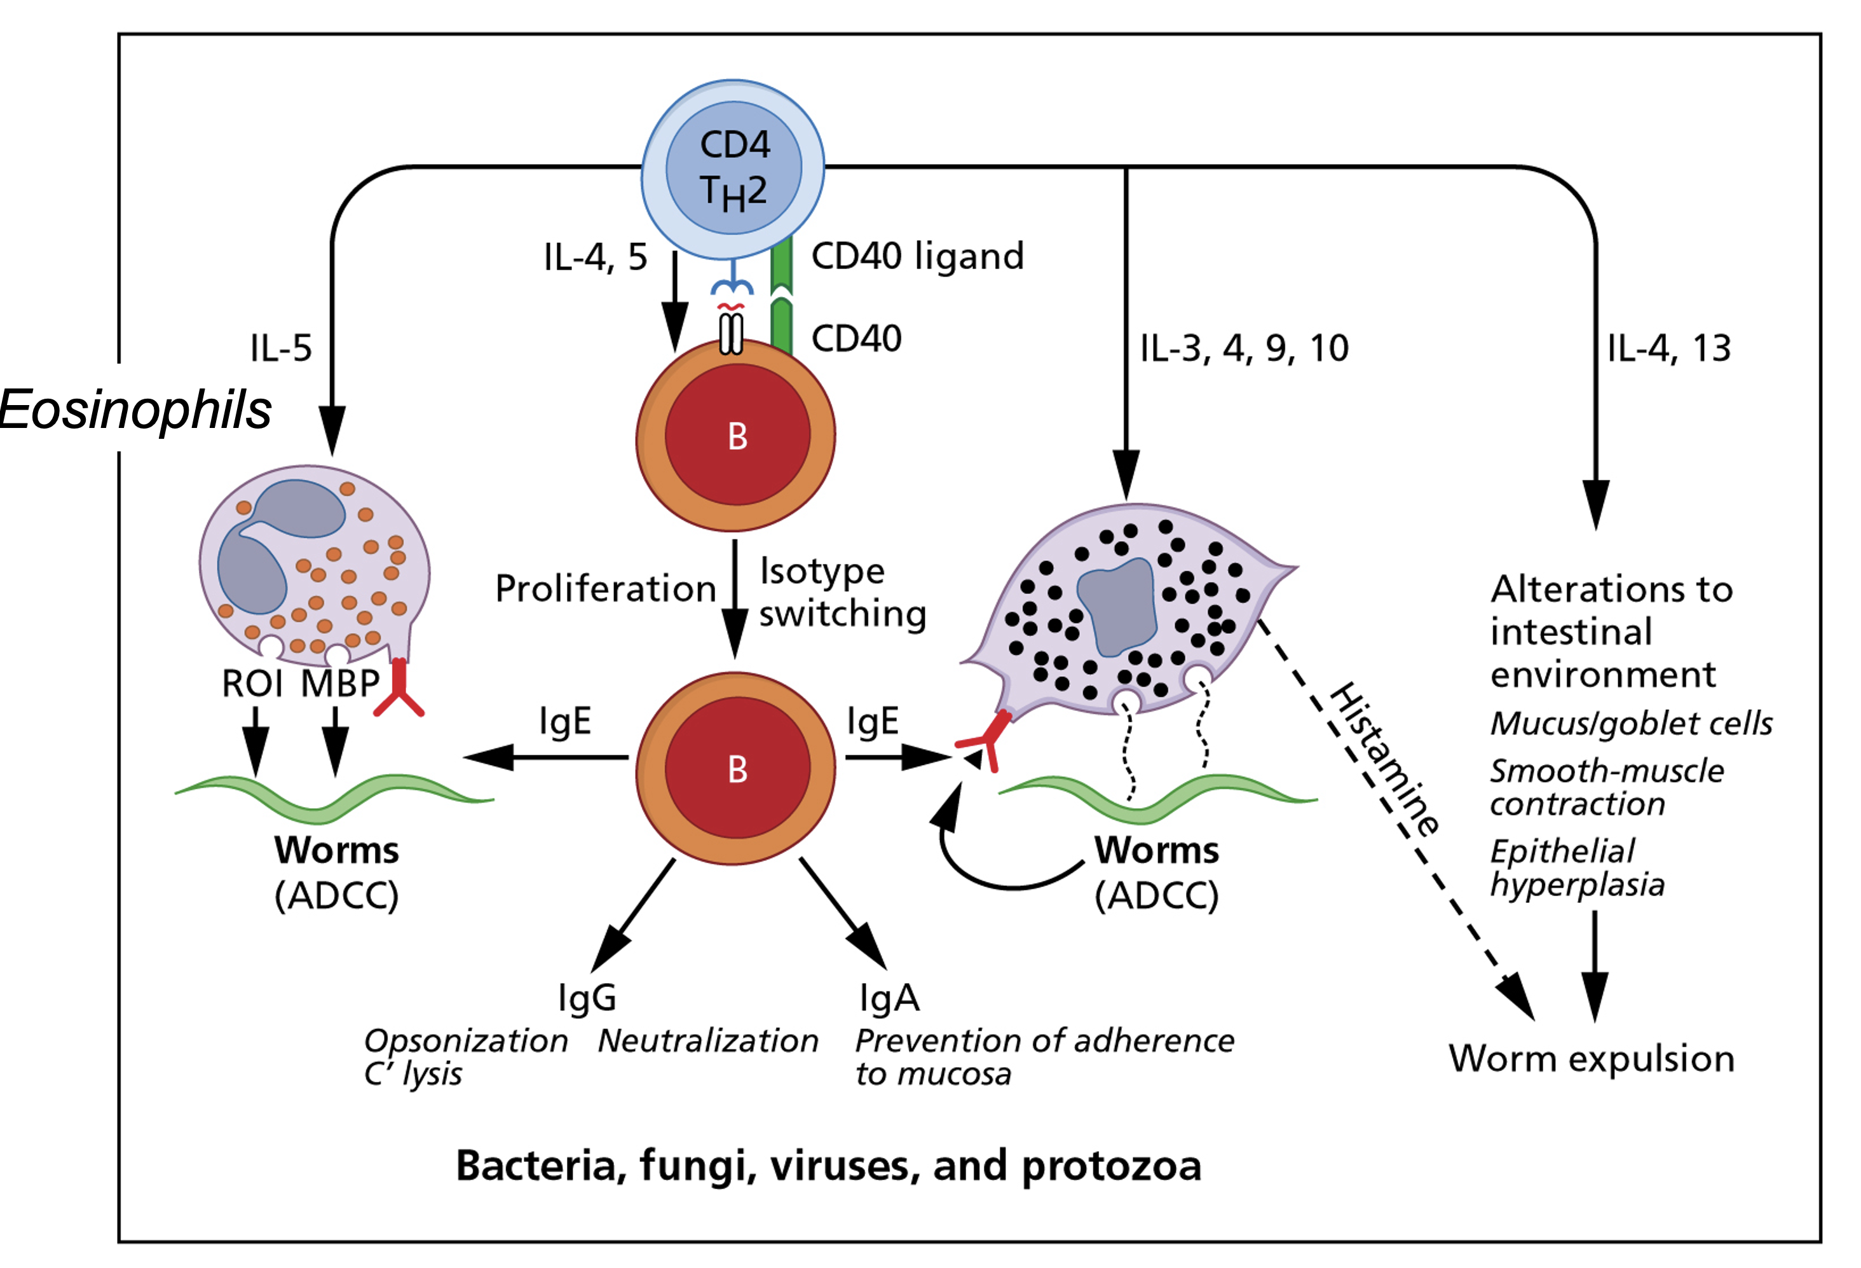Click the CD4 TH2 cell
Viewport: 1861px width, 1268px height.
733,169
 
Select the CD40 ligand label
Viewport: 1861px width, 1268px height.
917,256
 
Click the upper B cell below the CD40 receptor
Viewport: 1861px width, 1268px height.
736,437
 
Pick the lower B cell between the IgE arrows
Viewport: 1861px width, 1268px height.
736,769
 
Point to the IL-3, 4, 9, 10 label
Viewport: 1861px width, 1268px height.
1244,348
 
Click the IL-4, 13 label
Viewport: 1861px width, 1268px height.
1669,348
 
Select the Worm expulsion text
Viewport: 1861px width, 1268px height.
1591,1059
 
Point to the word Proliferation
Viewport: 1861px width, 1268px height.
604,589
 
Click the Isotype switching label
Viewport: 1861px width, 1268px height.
841,593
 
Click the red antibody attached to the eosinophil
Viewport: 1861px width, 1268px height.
399,689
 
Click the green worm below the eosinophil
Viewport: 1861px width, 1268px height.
334,797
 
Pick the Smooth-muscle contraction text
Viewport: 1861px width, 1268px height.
1605,787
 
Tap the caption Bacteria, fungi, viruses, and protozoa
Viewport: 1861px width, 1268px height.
828,1166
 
